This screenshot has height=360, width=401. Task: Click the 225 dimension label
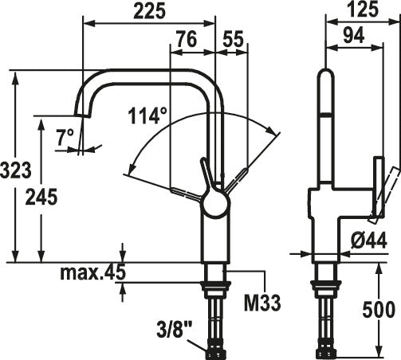point(150,11)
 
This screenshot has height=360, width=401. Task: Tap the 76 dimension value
point(187,39)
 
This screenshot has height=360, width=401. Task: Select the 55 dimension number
point(233,39)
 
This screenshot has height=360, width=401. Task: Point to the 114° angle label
point(147,115)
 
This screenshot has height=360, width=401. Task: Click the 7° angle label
point(65,137)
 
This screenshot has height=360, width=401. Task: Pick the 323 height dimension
point(16,170)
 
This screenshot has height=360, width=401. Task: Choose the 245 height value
point(41,197)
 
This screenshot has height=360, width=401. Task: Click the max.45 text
point(92,272)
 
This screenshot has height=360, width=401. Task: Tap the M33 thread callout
point(262,303)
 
